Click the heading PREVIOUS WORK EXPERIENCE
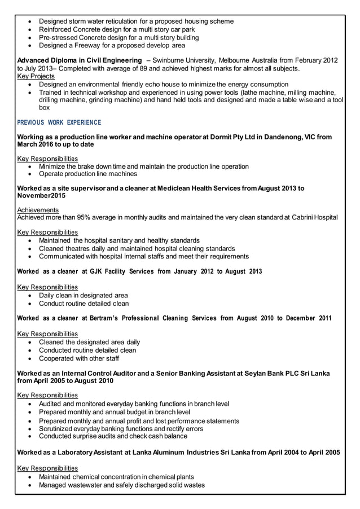tap(59, 122)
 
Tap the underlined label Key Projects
tap(36, 76)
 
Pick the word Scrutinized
tap(60, 428)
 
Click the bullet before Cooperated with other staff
tap(30, 358)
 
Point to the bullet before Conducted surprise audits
tap(30, 436)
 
